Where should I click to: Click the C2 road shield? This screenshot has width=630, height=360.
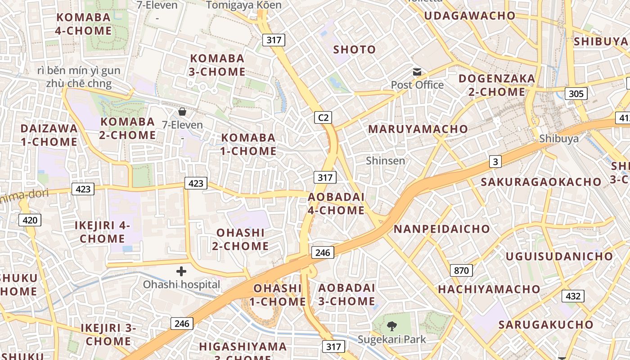tap(323, 118)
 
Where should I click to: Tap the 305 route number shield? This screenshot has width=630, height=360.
tap(576, 94)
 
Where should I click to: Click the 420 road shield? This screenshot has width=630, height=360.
tap(30, 220)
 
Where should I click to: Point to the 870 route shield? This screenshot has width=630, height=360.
tap(461, 270)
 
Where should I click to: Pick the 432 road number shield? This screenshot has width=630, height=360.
tap(572, 296)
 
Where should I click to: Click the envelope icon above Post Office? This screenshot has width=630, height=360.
tap(417, 72)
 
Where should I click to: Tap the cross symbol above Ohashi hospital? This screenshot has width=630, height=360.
tap(181, 271)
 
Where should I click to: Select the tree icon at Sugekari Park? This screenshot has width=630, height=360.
tap(392, 325)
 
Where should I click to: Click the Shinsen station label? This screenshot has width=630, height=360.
tap(385, 161)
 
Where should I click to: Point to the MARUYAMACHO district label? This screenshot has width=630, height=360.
tap(418, 129)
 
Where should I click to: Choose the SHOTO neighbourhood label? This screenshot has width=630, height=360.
tap(354, 49)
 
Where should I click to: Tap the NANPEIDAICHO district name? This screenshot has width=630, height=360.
tap(441, 229)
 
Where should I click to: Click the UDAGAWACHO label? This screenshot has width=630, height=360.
tap(470, 16)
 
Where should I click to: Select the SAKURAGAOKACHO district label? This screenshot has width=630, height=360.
tap(541, 182)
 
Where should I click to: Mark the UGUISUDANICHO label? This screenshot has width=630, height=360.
tap(559, 256)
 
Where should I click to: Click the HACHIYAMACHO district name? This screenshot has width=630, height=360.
tap(489, 289)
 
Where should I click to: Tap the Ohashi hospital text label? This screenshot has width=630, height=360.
tap(182, 284)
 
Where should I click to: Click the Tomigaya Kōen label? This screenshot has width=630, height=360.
tap(244, 5)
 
